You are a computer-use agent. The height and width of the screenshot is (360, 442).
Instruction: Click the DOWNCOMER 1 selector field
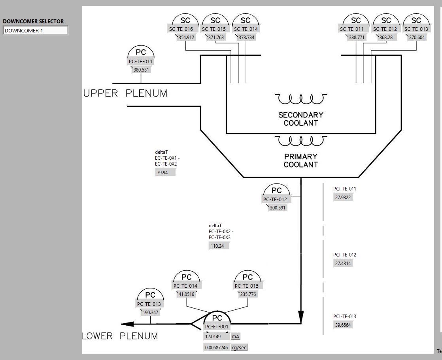[35, 30]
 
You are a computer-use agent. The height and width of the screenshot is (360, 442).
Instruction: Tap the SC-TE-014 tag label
[246, 29]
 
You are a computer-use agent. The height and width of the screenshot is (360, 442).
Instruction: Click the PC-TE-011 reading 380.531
[142, 70]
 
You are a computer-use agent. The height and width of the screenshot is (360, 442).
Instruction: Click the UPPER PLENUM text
[125, 94]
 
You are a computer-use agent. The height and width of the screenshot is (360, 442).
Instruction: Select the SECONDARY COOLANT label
[301, 119]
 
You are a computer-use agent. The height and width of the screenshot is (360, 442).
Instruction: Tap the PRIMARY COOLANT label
[301, 160]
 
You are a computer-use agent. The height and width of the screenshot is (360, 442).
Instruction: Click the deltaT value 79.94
[165, 173]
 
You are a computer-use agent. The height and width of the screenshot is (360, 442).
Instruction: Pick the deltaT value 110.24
[219, 246]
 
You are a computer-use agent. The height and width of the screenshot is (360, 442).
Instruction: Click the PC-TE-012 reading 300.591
[278, 208]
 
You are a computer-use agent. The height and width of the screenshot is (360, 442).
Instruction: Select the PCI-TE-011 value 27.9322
[343, 197]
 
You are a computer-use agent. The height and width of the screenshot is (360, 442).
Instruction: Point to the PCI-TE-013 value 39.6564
[343, 325]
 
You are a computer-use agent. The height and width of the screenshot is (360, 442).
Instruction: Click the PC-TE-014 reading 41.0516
[187, 294]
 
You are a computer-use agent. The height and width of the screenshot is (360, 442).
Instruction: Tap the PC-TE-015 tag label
[248, 286]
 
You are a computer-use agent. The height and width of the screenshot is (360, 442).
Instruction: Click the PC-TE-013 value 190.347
[150, 313]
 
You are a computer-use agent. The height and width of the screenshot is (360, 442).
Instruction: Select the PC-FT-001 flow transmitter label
[217, 326]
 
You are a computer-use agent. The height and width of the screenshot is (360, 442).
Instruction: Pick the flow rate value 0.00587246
[216, 348]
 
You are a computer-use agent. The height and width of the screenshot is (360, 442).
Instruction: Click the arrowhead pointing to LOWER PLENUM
[127, 324]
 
